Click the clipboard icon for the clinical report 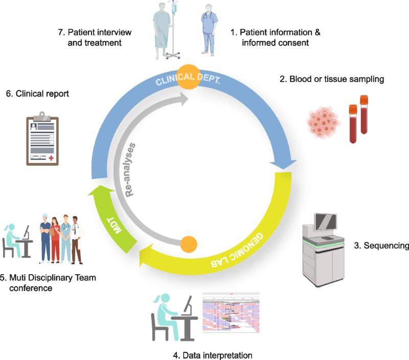click(42, 139)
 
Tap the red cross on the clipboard click(51, 157)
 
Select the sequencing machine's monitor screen click(326, 222)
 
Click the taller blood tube click(364, 115)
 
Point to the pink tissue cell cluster click(323, 122)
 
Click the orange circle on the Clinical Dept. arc click(189, 77)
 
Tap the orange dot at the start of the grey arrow click(189, 244)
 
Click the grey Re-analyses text click(130, 170)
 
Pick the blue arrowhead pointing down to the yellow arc click(283, 165)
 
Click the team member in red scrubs click(55, 239)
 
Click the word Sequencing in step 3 click(387, 246)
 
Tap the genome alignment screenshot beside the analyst click(231, 312)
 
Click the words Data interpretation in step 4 click(217, 355)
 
